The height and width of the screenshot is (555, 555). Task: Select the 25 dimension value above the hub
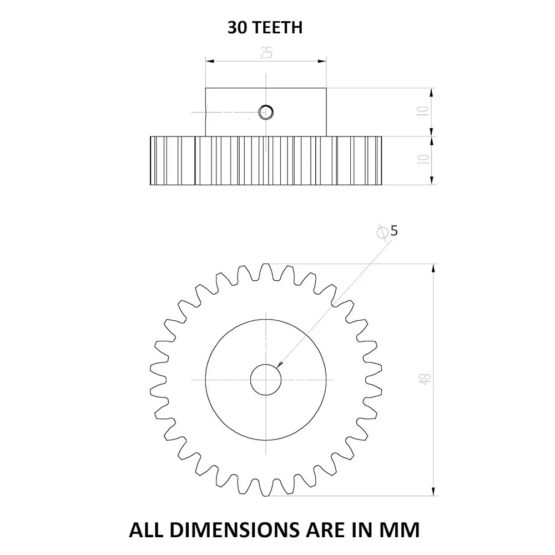(266, 52)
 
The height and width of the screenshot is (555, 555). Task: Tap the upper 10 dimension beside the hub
(423, 111)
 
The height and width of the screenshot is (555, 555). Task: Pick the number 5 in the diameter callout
(393, 231)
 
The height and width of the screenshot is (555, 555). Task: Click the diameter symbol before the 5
(382, 232)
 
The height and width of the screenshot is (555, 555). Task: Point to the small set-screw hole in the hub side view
(266, 112)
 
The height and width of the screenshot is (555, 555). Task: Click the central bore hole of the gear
(266, 379)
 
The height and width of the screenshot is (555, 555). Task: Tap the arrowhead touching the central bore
(280, 365)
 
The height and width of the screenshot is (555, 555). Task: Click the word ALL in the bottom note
(145, 529)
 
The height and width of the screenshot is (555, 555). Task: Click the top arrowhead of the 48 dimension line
(433, 268)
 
